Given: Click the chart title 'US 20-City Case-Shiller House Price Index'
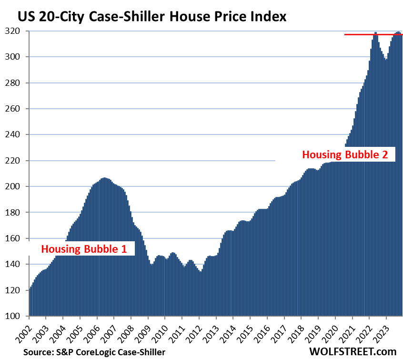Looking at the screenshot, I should tap(152, 17).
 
